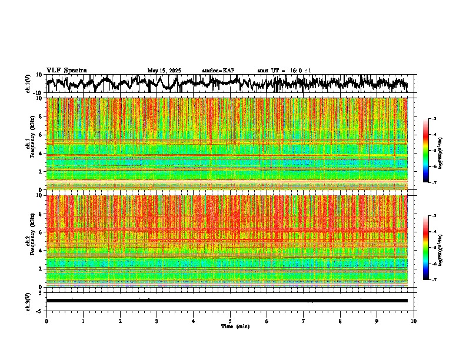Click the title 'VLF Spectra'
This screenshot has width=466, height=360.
click(x=66, y=70)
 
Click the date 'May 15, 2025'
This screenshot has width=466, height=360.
click(x=164, y=71)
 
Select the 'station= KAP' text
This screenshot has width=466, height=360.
click(x=218, y=71)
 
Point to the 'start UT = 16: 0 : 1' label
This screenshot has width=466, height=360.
click(x=284, y=71)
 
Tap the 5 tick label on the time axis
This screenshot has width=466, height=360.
click(x=230, y=321)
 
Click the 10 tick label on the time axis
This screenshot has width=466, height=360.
click(x=414, y=321)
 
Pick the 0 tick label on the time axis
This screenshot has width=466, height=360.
click(x=46, y=321)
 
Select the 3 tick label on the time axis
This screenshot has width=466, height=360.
click(x=157, y=321)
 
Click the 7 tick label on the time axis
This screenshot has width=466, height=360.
click(x=304, y=321)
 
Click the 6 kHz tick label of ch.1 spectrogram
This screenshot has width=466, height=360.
click(x=41, y=135)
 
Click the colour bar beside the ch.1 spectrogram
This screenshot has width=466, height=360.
click(x=431, y=151)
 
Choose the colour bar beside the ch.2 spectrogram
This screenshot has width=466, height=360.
click(x=431, y=248)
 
